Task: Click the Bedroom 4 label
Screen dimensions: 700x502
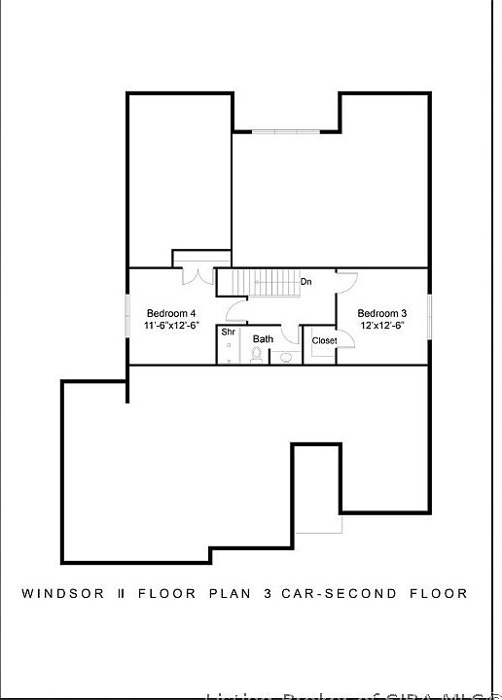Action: (x=171, y=313)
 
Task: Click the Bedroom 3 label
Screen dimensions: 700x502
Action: (x=381, y=313)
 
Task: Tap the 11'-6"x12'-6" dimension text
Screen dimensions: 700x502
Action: (x=171, y=326)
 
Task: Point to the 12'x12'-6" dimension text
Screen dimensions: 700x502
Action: (x=381, y=326)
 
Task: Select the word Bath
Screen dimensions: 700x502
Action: (x=263, y=339)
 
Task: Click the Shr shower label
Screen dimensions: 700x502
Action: (x=228, y=332)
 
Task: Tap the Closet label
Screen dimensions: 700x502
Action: (x=324, y=341)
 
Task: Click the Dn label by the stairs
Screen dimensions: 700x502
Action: (x=305, y=282)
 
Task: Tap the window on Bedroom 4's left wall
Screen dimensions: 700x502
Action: (x=126, y=315)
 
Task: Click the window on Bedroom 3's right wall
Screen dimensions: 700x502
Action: (x=429, y=315)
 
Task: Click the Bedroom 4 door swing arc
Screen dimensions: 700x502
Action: (x=234, y=310)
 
